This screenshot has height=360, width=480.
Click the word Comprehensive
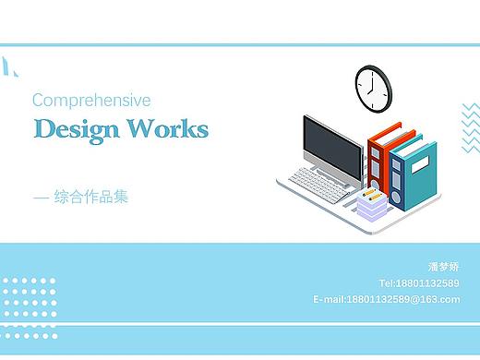[90, 100]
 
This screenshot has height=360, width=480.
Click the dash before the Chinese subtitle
[40, 197]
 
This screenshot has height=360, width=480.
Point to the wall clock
[373, 86]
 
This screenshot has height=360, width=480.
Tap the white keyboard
[319, 181]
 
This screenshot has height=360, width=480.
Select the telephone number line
[418, 283]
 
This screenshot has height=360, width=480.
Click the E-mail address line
[386, 299]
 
